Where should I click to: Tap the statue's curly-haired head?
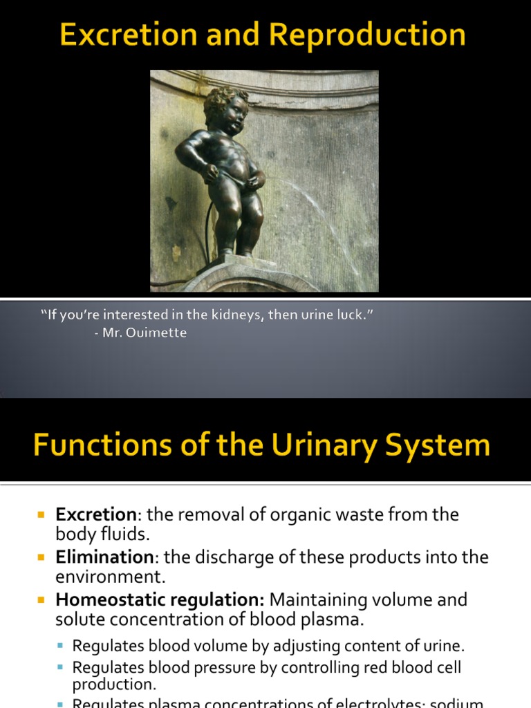coord(226,111)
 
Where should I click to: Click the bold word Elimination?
coord(104,557)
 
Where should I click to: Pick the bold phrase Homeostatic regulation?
coord(160,599)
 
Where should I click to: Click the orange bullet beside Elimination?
coord(41,557)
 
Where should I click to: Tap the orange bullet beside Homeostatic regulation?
coord(41,599)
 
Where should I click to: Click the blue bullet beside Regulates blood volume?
coord(60,647)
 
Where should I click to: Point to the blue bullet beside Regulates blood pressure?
coord(60,669)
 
